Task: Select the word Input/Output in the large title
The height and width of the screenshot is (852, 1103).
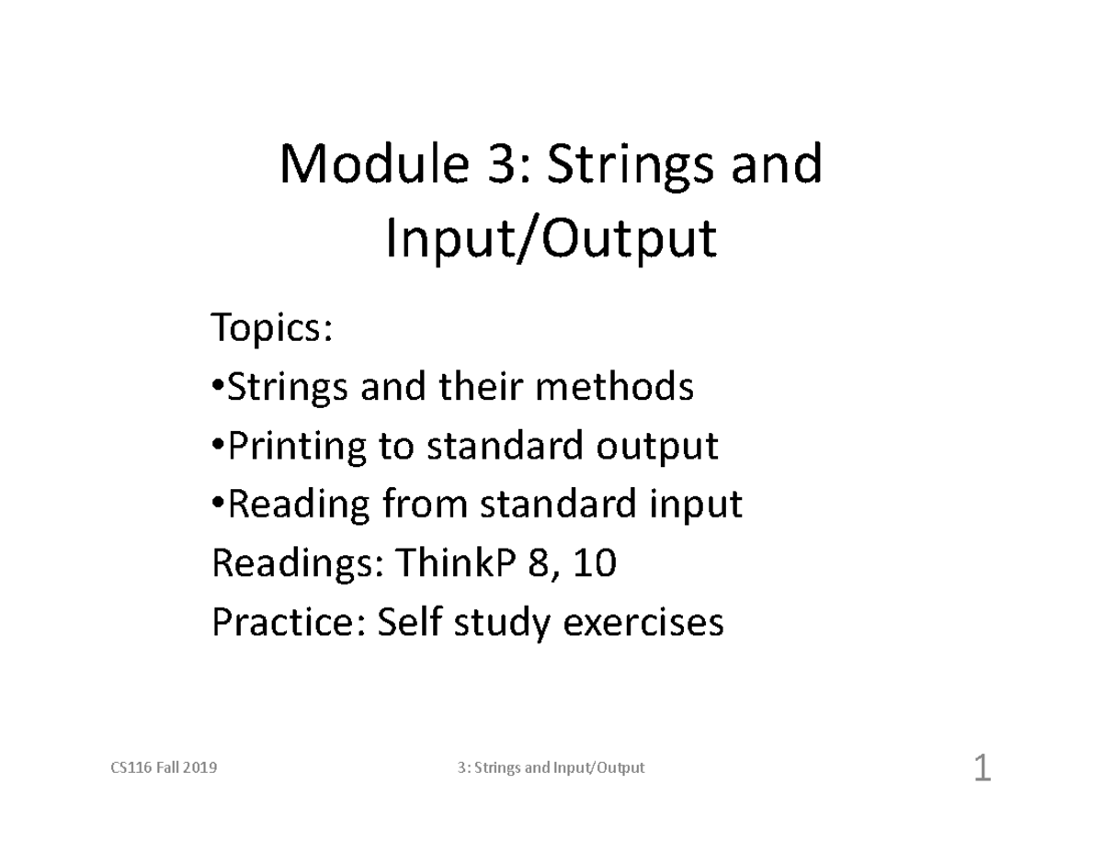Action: coord(550,241)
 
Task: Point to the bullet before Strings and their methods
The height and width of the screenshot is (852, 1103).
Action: coord(218,388)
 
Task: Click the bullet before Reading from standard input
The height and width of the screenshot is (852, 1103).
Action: coord(218,505)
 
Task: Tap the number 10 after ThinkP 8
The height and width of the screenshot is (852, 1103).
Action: coord(592,563)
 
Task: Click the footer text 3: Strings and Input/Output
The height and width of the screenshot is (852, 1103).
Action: coord(551,768)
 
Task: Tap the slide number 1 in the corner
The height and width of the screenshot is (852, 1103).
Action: coord(982,768)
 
